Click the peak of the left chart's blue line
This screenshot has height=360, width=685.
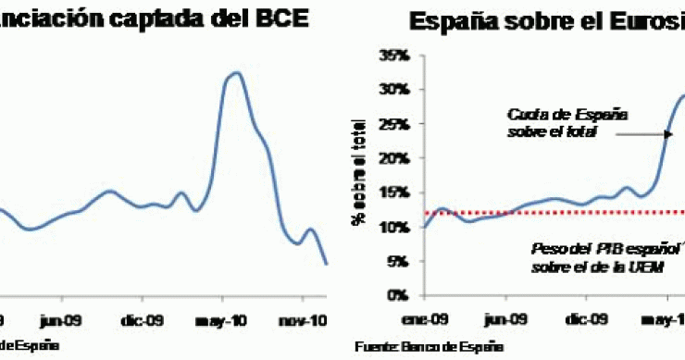coord(236,72)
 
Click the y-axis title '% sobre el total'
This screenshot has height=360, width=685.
coord(357,171)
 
